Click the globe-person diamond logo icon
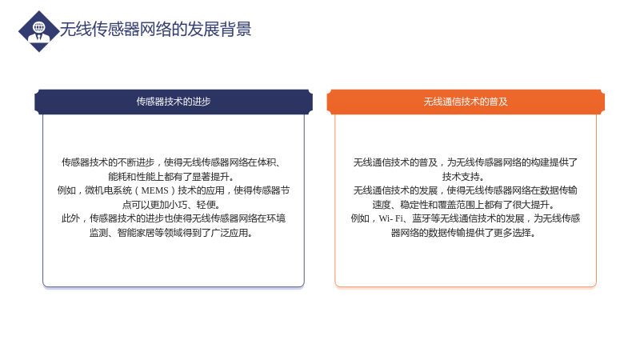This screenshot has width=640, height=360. (38, 31)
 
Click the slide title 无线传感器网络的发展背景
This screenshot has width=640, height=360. (155, 30)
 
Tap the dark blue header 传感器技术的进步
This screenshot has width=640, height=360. (174, 102)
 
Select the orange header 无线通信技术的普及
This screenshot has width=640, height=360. (466, 102)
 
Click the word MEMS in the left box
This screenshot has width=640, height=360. (154, 190)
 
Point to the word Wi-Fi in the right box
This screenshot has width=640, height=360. (390, 218)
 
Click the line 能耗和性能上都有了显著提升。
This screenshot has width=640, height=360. (171, 177)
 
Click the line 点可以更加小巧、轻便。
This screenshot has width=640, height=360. (171, 205)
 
